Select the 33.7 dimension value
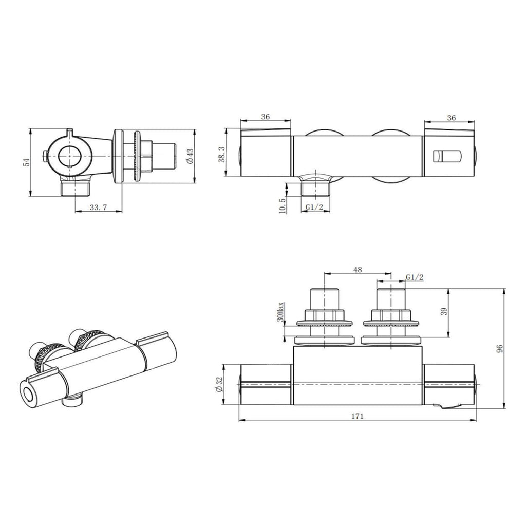click(x=98, y=208)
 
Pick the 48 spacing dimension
click(x=358, y=269)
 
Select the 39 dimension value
click(x=444, y=311)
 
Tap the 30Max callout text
click(x=280, y=312)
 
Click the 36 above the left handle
click(x=266, y=117)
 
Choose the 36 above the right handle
click(x=451, y=117)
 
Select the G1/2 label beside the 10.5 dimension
click(x=314, y=207)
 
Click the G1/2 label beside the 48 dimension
click(x=415, y=277)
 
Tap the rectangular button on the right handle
click(x=444, y=156)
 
